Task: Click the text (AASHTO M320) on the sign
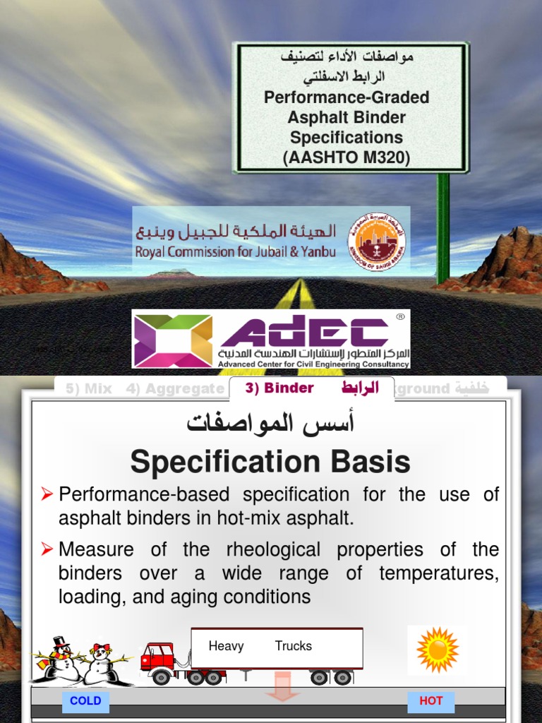click(x=347, y=157)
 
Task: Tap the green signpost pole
click(x=442, y=226)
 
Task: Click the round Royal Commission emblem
click(x=376, y=241)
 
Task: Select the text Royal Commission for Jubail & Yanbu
click(x=236, y=251)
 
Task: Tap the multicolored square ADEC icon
click(x=173, y=340)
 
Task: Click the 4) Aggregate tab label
click(x=174, y=388)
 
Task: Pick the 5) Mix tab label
click(x=89, y=388)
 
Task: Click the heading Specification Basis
click(x=270, y=462)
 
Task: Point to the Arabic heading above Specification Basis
click(x=270, y=424)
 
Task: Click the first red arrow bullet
click(x=47, y=494)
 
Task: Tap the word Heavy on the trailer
click(x=226, y=646)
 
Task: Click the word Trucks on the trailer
click(x=294, y=646)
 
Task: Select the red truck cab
click(x=158, y=658)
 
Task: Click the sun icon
click(x=438, y=649)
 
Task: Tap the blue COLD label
click(x=85, y=701)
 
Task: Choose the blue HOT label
click(x=430, y=701)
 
